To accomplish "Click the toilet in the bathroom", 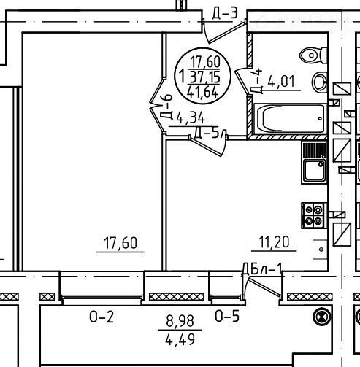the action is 313,55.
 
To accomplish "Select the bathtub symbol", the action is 290,119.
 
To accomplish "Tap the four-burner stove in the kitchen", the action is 313,215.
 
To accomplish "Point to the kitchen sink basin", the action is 314,171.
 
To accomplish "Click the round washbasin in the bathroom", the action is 320,82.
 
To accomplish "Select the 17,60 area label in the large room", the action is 120,243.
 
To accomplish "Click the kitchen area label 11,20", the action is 274,242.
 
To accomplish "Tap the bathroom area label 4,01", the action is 281,81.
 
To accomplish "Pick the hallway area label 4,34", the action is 191,118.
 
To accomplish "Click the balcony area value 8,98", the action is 180,321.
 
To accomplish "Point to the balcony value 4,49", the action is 180,339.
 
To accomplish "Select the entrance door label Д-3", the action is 224,13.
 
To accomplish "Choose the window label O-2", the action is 102,317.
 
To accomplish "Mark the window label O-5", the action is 227,316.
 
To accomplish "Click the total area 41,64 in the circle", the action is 203,92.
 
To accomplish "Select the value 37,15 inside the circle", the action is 205,77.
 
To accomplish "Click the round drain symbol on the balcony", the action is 322,317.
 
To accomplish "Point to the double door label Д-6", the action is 166,107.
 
